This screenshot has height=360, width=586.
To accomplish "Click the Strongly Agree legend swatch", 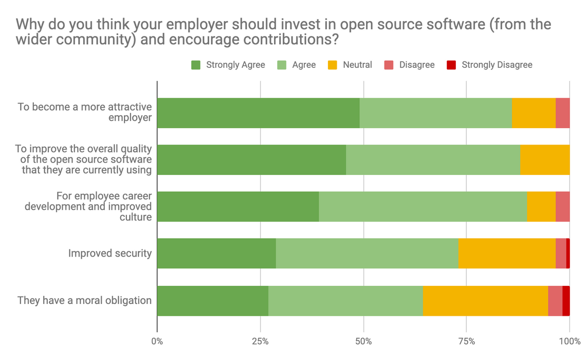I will pyautogui.click(x=196, y=65).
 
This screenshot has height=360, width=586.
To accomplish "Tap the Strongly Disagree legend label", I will pyautogui.click(x=497, y=65).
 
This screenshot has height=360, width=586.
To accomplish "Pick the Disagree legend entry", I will pyautogui.click(x=416, y=65).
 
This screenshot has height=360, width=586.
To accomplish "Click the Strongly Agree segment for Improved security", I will pyautogui.click(x=216, y=253).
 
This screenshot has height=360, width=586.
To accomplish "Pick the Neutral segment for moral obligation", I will pyautogui.click(x=485, y=301).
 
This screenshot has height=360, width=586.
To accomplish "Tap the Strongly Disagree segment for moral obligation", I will pyautogui.click(x=566, y=301).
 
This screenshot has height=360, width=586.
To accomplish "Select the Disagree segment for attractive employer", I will pyautogui.click(x=562, y=113).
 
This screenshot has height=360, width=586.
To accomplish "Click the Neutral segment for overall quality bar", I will pyautogui.click(x=544, y=159).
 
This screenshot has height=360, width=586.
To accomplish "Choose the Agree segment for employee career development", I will pyautogui.click(x=423, y=206).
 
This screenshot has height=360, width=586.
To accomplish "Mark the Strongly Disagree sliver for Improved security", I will pyautogui.click(x=568, y=253).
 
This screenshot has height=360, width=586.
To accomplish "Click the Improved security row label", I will pyautogui.click(x=110, y=253).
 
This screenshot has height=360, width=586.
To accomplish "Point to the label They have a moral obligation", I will pyautogui.click(x=84, y=300).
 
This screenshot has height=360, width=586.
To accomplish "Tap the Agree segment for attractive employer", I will pyautogui.click(x=435, y=113).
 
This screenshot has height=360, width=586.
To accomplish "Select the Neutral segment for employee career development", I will pyautogui.click(x=541, y=206).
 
